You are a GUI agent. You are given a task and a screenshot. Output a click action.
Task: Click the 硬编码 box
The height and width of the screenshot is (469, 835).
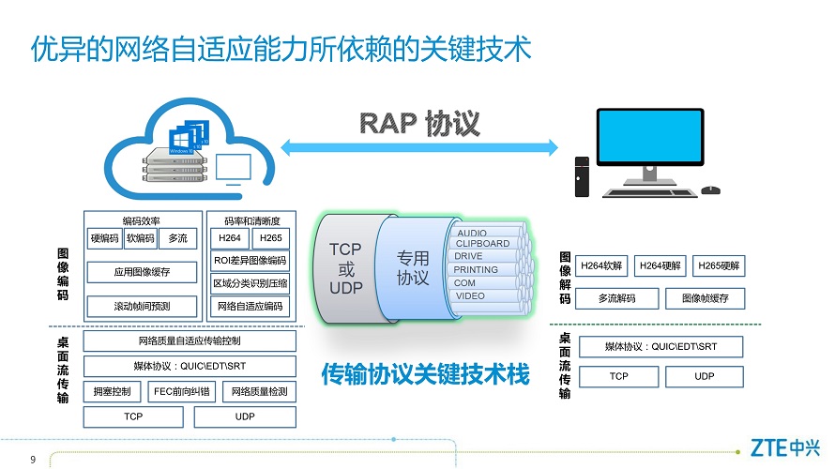tap(105, 238)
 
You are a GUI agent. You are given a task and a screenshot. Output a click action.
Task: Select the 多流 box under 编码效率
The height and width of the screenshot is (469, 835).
tap(178, 238)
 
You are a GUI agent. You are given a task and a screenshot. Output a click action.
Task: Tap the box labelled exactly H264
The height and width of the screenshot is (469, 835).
tap(230, 238)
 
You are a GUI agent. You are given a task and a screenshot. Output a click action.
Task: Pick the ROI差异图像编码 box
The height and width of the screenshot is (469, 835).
tap(250, 261)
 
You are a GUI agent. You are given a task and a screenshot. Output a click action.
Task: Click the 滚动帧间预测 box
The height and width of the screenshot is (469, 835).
tap(142, 307)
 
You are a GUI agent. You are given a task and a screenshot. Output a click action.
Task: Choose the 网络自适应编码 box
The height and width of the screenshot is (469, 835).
tap(250, 306)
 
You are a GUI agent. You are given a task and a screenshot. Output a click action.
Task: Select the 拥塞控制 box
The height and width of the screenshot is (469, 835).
tap(112, 392)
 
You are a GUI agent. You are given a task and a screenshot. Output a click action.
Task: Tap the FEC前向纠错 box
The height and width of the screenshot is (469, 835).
tap(182, 392)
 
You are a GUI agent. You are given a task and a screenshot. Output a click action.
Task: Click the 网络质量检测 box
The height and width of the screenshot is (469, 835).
tap(259, 392)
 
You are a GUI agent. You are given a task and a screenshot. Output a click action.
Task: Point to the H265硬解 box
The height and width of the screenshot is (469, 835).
tap(719, 265)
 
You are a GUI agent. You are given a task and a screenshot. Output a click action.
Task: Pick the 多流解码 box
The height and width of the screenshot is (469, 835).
tap(617, 298)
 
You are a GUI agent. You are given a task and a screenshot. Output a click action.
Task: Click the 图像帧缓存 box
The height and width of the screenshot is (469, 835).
tap(706, 298)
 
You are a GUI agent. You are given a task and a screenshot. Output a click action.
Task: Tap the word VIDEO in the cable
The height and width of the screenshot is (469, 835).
tap(470, 296)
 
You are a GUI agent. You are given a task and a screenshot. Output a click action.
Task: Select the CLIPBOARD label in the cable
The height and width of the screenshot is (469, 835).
tap(482, 243)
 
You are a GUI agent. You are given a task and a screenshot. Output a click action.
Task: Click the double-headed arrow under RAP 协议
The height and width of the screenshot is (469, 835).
tap(419, 147)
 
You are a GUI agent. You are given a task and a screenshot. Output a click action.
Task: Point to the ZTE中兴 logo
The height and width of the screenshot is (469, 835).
tap(785, 447)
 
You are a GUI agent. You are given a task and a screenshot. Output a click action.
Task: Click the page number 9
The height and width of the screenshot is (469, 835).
tap(33, 460)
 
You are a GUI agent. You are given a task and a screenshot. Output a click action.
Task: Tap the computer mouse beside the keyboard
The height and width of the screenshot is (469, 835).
tap(710, 190)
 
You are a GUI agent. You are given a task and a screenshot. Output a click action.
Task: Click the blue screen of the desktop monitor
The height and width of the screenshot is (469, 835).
tap(650, 137)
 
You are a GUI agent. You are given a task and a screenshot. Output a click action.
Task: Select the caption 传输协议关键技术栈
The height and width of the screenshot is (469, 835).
tap(425, 374)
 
